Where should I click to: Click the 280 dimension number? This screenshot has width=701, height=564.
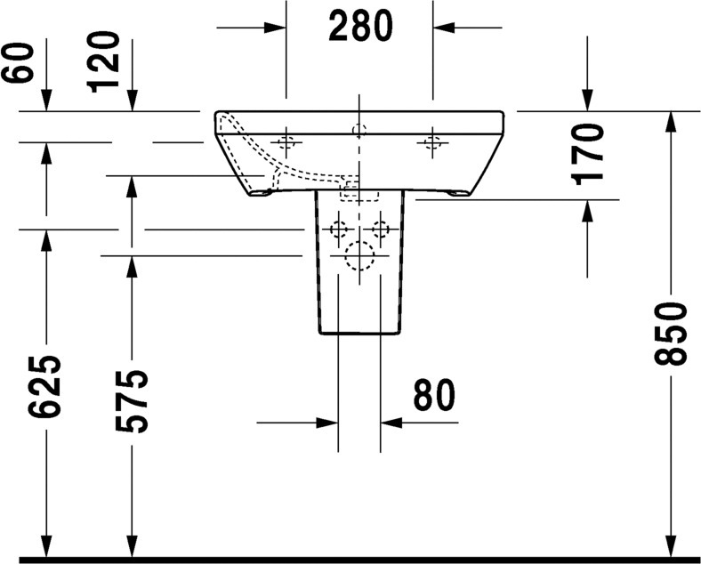(x=360, y=26)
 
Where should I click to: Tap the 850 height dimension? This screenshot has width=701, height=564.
(x=669, y=334)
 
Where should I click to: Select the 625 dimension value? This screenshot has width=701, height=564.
(x=44, y=387)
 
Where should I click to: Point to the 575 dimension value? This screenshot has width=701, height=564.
(x=131, y=401)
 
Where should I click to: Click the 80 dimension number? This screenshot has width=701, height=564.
(x=433, y=395)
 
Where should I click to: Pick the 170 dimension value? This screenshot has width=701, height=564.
(x=587, y=155)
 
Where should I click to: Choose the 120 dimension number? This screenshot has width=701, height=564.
(x=104, y=61)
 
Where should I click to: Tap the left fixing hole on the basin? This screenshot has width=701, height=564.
(x=286, y=142)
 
